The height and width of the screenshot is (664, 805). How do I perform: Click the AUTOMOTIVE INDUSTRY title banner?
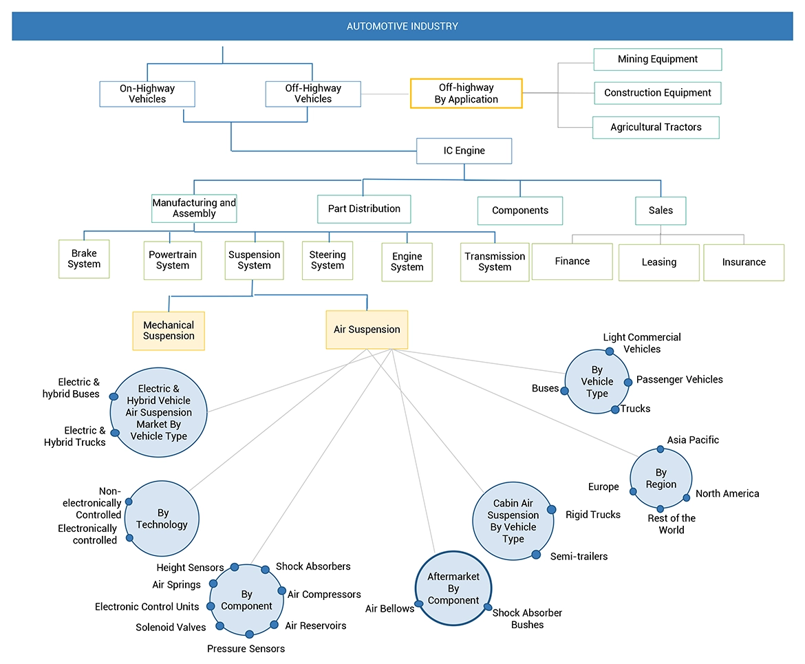pos(402,26)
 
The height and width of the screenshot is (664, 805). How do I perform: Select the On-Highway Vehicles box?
pos(147,94)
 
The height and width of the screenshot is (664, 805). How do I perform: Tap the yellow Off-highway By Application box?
pos(466,94)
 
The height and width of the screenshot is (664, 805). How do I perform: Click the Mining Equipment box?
pos(657,59)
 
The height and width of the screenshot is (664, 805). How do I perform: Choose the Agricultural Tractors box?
pos(656,127)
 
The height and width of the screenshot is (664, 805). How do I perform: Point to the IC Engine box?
pos(464,151)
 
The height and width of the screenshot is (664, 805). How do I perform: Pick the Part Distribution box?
pos(364,208)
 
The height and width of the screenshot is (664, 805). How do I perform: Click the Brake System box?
pos(84,259)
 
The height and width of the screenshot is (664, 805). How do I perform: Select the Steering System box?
pos(327,260)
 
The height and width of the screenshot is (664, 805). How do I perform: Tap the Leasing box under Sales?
pos(658,262)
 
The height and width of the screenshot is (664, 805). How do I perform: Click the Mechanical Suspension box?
pos(169,331)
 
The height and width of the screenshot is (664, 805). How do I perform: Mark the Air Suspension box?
pos(367,330)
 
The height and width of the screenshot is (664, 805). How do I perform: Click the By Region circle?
pos(661,479)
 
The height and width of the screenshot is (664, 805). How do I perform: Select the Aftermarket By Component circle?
pos(453,588)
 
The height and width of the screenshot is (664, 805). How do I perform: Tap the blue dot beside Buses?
pos(565,390)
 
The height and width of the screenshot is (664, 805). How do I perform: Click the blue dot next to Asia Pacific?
pos(661,449)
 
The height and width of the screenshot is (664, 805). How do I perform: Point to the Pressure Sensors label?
pos(246,648)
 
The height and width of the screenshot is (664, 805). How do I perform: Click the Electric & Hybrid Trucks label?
pos(75,436)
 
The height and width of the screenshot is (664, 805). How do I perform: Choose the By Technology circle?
pos(162,519)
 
